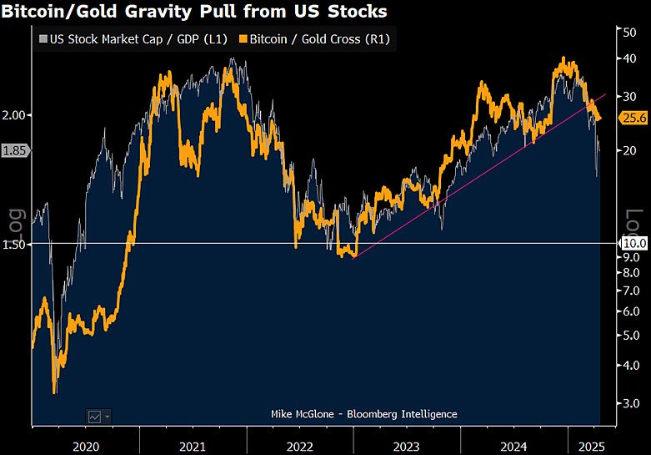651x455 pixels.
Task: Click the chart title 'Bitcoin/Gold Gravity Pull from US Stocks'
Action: click(193, 12)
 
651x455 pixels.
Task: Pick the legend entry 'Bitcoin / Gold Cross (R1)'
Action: click(313, 39)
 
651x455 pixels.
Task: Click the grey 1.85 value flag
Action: click(15, 151)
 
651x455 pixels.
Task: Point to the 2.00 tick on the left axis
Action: click(15, 114)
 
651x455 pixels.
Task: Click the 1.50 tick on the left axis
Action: click(15, 244)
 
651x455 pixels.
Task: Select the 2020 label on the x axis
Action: click(86, 447)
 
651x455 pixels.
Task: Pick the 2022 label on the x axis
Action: click(300, 447)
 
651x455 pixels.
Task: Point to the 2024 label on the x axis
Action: click(513, 447)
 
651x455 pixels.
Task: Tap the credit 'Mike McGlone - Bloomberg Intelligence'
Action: click(364, 414)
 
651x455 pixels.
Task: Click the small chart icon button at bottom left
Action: click(98, 415)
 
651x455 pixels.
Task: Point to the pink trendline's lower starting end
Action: click(353, 258)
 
